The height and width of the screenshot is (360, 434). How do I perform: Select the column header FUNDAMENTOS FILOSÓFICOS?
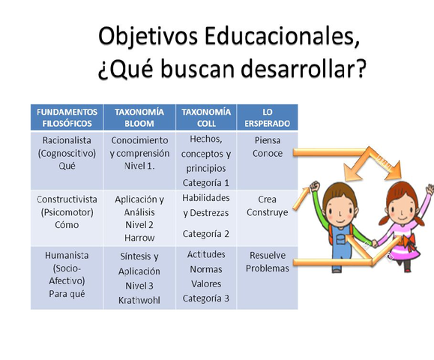67,117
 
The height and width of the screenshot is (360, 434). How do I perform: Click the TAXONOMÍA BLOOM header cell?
140,117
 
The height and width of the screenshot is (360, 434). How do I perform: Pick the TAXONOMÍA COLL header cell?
205,117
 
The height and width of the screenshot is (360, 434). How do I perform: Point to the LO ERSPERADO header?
267,117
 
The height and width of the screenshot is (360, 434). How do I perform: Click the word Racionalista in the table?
67,140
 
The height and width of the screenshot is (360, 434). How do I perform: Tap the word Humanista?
67,255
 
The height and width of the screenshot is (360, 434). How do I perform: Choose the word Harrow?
140,238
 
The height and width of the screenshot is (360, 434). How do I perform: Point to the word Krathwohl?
140,299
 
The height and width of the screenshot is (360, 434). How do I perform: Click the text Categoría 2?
206,233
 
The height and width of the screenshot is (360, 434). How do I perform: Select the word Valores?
206,283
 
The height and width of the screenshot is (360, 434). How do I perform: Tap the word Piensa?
268,140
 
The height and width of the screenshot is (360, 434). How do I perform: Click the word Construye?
268,213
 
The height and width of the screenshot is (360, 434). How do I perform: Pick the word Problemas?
268,268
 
